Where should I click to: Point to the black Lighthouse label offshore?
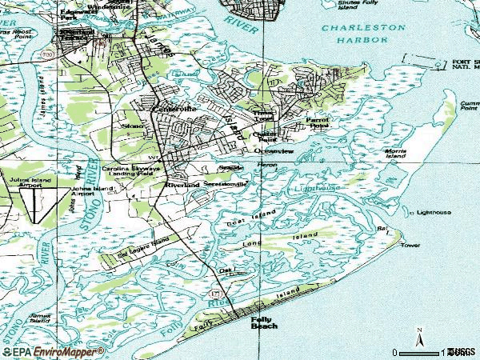point(434,213)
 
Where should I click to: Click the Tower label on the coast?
point(410,245)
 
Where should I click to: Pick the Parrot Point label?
point(318,122)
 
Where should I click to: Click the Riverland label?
point(182,185)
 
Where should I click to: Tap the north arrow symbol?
point(420,339)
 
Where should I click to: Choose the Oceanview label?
point(271,150)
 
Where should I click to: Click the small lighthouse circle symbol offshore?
point(412,214)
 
